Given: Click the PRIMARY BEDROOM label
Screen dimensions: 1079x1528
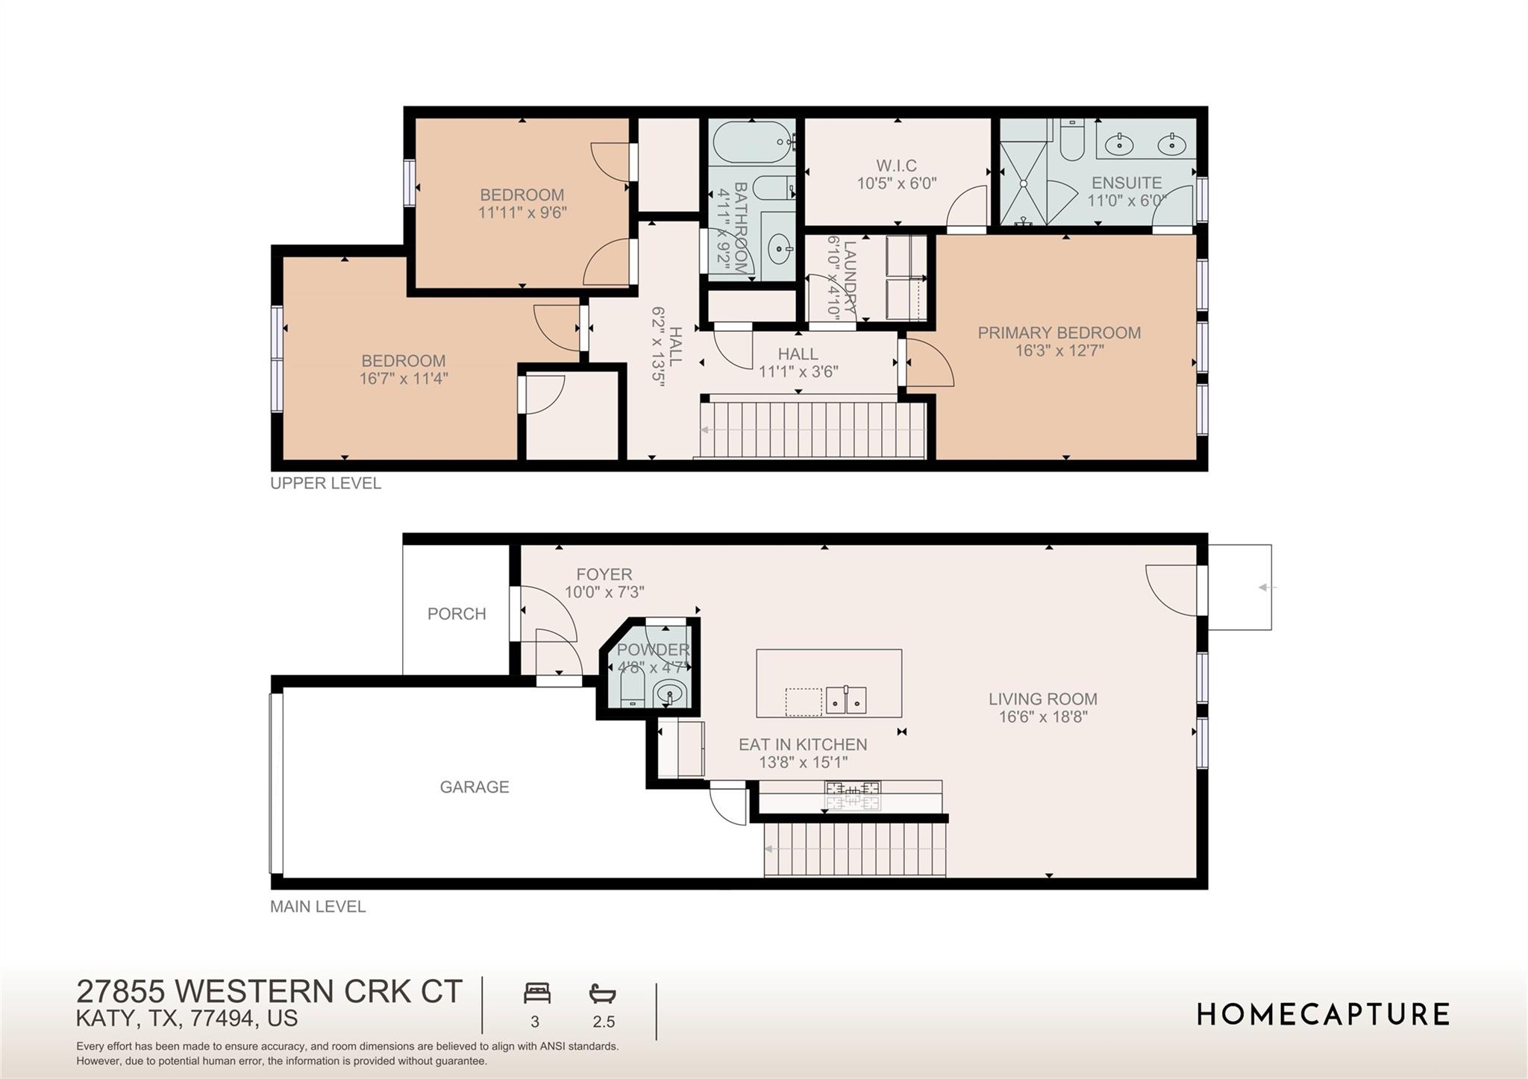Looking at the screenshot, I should [1059, 333].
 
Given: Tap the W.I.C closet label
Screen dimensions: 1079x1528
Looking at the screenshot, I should [896, 166].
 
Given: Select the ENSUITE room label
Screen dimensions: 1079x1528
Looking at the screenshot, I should [1126, 183].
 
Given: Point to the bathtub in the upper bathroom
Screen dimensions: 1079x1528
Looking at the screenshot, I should [752, 140].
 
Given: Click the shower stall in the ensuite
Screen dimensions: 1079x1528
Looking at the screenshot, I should [1025, 183].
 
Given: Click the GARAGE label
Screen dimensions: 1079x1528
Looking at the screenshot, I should [474, 787].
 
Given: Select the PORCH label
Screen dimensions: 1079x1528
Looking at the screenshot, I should [457, 614].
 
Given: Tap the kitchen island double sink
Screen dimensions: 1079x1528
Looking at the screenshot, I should [845, 700].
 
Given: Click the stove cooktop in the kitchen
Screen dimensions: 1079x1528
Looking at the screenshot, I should [852, 795].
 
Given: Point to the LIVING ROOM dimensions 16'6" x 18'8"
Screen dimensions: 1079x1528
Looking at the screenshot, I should [1043, 717].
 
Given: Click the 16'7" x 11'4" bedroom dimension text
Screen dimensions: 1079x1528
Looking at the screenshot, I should [404, 379].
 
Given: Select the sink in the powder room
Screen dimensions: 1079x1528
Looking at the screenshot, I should [670, 694].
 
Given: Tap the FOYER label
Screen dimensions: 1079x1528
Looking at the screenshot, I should [604, 575].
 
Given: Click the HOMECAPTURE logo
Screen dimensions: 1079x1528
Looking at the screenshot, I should [1323, 1015].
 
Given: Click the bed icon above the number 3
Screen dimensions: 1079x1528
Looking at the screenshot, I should [536, 993].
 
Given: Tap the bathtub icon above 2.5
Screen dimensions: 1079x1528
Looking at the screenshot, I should [602, 993].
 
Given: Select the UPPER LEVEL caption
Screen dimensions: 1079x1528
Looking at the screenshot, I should [325, 483].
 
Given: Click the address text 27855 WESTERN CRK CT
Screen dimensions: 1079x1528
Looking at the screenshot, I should [269, 992].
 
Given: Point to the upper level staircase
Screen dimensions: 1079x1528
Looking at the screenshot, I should [813, 430].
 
